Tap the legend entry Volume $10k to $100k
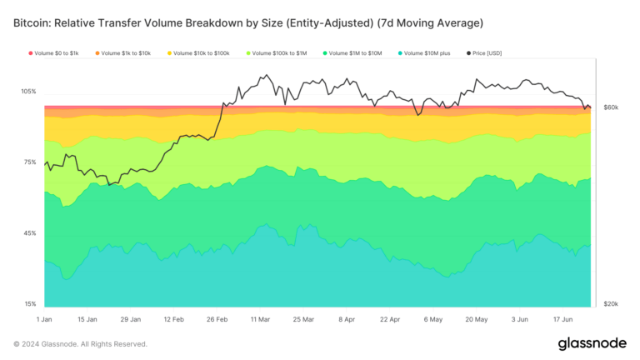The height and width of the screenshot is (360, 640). pos(201,53)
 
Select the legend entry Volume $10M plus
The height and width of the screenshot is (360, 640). pos(425,53)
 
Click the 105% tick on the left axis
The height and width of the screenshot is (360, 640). pos(28,91)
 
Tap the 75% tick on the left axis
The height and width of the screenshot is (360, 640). pos(29,162)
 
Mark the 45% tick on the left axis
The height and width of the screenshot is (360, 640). pos(29,233)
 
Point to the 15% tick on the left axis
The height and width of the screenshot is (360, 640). pos(29,304)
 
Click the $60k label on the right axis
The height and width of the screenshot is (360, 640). pos(611,108)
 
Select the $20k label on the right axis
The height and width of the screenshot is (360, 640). pos(611,304)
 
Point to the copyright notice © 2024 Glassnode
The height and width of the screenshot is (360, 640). pos(80,344)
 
